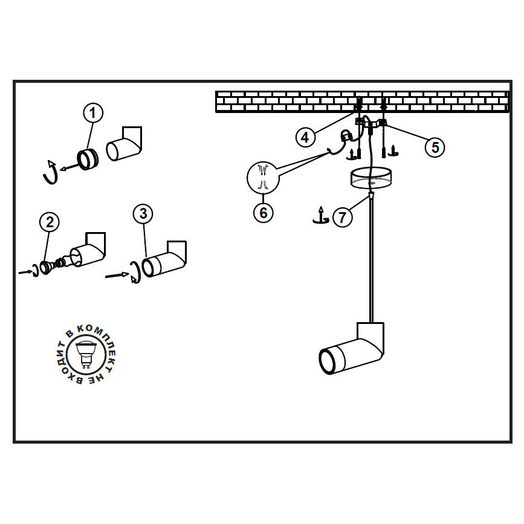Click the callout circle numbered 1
pyautogui.click(x=93, y=112)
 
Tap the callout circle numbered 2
pyautogui.click(x=50, y=222)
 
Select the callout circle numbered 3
pyautogui.click(x=143, y=213)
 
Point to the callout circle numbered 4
pyautogui.click(x=306, y=137)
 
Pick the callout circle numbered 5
pyautogui.click(x=435, y=146)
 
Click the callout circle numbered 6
pyautogui.click(x=264, y=213)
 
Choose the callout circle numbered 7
pyautogui.click(x=343, y=217)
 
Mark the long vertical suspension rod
pyautogui.click(x=371, y=260)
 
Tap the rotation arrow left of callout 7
pyautogui.click(x=320, y=216)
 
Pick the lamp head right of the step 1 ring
pyautogui.click(x=124, y=145)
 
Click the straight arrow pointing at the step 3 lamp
pyautogui.click(x=116, y=276)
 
